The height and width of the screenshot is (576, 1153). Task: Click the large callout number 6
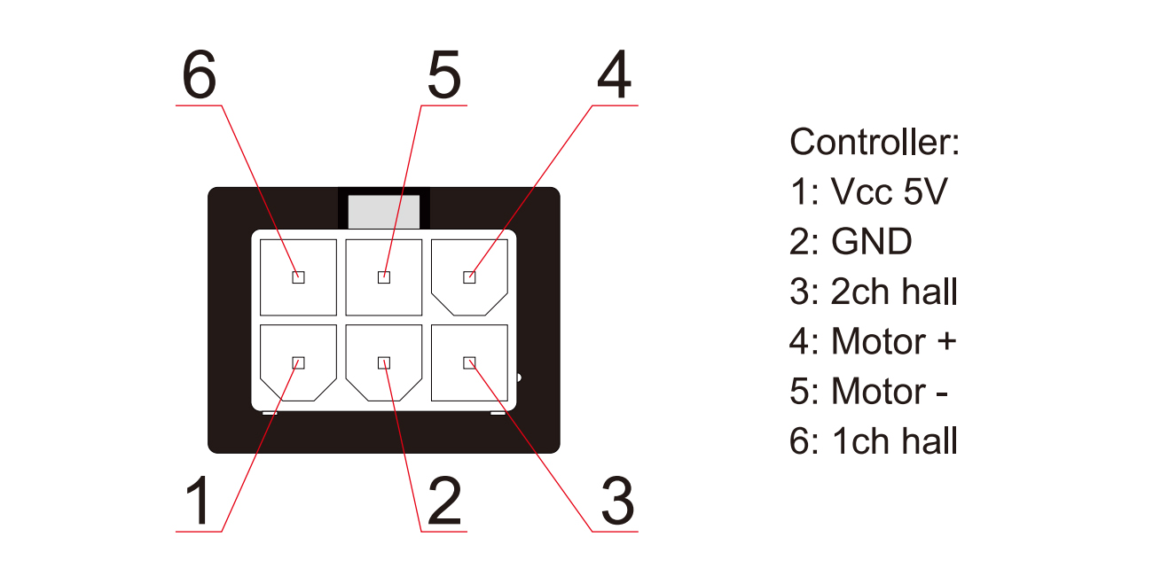200,74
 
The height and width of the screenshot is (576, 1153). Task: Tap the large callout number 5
443,74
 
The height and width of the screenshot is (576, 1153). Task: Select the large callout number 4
614,74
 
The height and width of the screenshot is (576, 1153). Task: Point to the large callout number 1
200,500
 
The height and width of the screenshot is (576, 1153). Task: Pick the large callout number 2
444,500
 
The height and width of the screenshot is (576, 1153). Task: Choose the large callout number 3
617,501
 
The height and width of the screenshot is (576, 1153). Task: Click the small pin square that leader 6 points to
298,277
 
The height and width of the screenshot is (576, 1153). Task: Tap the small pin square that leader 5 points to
384,277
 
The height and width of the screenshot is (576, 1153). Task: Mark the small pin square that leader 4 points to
469,277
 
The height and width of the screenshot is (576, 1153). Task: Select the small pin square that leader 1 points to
298,363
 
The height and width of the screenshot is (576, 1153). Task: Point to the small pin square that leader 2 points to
384,363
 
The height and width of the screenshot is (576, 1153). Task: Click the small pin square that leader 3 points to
469,363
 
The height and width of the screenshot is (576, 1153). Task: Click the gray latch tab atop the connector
384,212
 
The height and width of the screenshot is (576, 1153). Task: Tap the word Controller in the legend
869,142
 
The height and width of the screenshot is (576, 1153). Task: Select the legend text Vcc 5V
889,191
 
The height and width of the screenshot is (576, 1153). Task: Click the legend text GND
872,241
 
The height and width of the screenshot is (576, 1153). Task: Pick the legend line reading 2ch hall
874,291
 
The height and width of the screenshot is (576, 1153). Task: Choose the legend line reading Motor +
873,341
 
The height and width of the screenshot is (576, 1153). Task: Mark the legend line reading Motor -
869,391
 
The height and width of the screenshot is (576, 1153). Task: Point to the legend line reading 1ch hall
874,440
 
